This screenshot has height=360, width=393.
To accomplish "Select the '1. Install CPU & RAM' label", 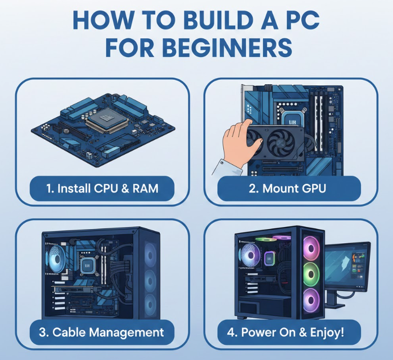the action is [x=102, y=188].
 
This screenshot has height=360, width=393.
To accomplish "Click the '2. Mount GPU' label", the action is [x=287, y=188].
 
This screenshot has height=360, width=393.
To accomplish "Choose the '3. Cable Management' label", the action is [x=102, y=332].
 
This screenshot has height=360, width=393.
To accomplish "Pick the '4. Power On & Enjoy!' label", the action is [x=286, y=332].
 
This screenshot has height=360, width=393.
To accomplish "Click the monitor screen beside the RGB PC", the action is [x=347, y=265].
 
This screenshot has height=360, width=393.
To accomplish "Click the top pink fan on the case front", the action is [x=311, y=248].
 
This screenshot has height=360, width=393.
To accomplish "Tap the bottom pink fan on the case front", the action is [x=311, y=300].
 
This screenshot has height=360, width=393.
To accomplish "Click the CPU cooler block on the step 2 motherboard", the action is [x=292, y=117].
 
